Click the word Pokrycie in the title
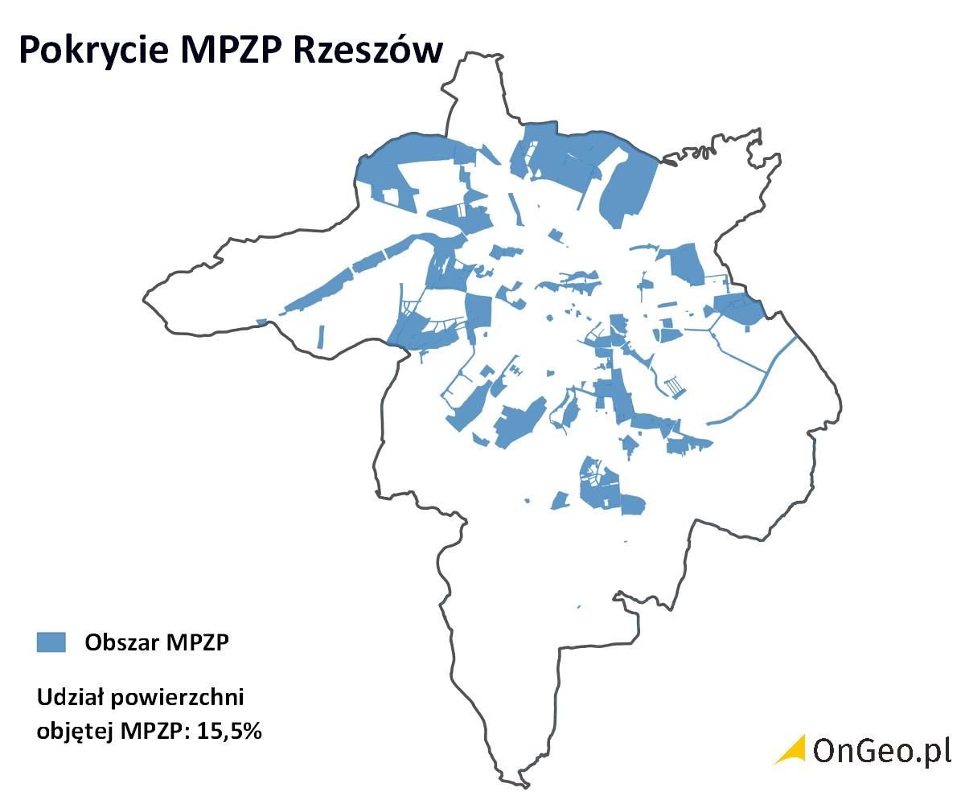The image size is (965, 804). point(93,50)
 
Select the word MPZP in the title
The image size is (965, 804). point(232,50)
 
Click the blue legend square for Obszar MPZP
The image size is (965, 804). point(51,642)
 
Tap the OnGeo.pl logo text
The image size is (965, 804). point(881,749)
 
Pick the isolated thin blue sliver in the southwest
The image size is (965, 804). point(321,336)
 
